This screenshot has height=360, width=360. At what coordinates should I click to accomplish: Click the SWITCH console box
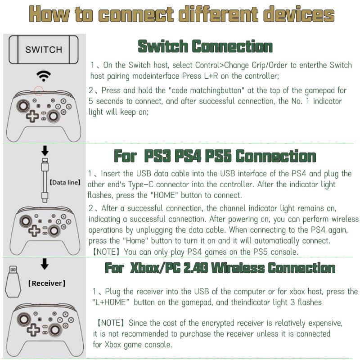[44, 49]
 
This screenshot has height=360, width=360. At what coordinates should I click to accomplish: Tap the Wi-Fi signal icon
[44, 75]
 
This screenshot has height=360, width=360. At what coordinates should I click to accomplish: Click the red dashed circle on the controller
[39, 91]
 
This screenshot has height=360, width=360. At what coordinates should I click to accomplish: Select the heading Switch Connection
[205, 46]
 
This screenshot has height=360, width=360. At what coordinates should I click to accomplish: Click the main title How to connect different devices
[181, 14]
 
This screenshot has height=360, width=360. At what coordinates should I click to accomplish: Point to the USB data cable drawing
[45, 180]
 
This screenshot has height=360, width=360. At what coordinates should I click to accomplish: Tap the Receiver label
[47, 283]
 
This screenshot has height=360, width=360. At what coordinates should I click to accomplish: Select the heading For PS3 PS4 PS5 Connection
[215, 156]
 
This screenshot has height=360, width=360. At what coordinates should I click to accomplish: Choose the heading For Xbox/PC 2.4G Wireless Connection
[220, 268]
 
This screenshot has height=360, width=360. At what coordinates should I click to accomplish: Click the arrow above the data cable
[45, 150]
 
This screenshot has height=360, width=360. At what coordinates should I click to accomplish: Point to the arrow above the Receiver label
[44, 264]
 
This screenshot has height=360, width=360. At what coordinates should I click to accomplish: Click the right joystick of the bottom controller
[54, 329]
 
